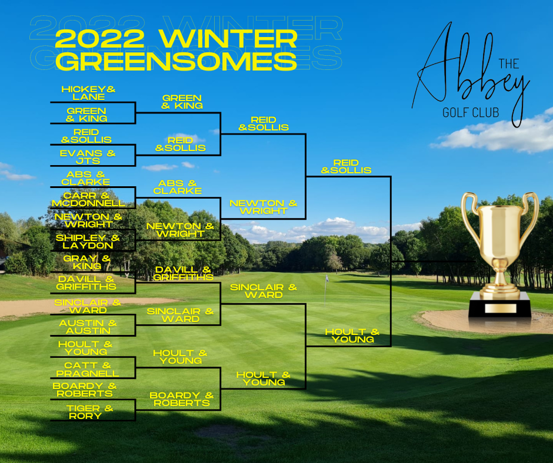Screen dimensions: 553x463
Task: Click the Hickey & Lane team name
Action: pos(88,93)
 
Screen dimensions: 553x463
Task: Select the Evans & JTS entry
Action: pos(88,157)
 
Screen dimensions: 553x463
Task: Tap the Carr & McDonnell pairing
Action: pos(88,199)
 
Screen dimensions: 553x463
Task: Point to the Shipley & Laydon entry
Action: pos(88,241)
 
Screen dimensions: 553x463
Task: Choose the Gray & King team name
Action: pos(87,263)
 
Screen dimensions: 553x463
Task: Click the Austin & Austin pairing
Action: pos(88,327)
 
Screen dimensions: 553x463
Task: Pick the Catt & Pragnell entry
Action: pos(88,369)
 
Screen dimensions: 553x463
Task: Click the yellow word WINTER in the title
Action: pos(228,39)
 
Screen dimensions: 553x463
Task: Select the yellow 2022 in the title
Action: pos(100,39)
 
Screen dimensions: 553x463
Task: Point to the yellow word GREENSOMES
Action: pos(176,61)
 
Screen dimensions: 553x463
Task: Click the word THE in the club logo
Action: pos(508,64)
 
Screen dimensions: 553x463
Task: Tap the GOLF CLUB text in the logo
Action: pos(471,113)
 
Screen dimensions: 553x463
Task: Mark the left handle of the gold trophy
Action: pos(469,216)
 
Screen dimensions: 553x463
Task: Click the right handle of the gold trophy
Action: pos(530,215)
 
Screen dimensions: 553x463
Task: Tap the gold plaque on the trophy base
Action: pos(501,308)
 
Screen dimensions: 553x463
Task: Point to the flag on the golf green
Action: pos(327,279)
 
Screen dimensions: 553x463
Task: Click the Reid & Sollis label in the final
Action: pos(346,167)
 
